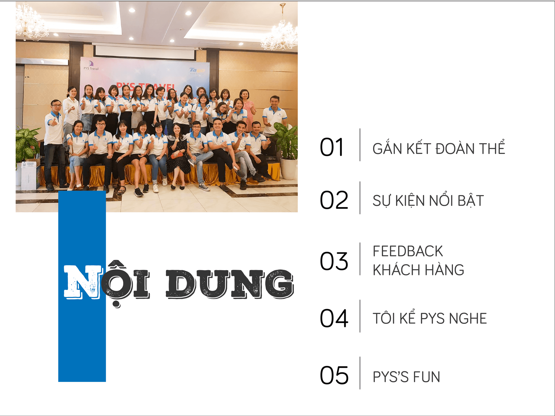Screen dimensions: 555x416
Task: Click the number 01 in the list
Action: pyautogui.click(x=332, y=147)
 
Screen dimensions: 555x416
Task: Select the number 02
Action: pyautogui.click(x=334, y=200)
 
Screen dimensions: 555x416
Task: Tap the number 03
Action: pyautogui.click(x=334, y=261)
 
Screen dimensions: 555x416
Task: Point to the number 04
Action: pyautogui.click(x=334, y=318)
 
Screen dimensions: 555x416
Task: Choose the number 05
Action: pyautogui.click(x=334, y=375)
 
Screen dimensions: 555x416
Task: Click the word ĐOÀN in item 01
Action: pyautogui.click(x=455, y=148)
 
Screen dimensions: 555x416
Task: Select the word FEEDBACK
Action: pyautogui.click(x=408, y=251)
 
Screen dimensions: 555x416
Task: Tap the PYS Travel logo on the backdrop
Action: pyautogui.click(x=91, y=66)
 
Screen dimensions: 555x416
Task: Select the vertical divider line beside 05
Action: pyautogui.click(x=360, y=373)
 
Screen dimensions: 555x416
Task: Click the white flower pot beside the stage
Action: pyautogui.click(x=288, y=169)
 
